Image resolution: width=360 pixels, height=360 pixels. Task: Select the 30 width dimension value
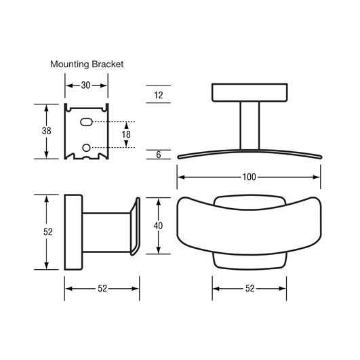pos(85,85)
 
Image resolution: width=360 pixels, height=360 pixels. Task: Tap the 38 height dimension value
pos(47,131)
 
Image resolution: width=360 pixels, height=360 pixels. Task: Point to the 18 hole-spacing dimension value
pos(126,134)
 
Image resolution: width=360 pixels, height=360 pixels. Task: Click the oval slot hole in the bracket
pos(86,122)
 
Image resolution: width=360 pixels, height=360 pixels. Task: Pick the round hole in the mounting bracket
pos(86,148)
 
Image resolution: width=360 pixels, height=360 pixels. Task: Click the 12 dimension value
pos(159,95)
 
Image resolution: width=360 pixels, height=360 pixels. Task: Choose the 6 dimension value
pos(159,155)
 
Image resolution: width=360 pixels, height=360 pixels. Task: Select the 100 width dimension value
pos(249,177)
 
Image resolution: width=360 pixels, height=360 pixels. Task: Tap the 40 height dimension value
pos(158,226)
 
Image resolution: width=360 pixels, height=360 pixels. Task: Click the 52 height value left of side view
pos(48,232)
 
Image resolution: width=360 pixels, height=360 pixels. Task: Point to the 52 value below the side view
pos(102,289)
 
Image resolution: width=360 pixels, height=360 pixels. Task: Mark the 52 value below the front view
pos(250,289)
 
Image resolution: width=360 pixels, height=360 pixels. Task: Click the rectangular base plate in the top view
pos(249,92)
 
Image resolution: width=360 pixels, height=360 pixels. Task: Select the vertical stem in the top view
pos(249,125)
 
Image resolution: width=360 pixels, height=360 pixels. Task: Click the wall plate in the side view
pos(73,232)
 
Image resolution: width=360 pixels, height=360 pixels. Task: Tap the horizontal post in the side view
pos(106,233)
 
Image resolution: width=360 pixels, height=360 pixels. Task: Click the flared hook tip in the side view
pos(135,226)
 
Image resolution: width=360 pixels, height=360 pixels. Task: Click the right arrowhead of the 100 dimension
pos(317,177)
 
